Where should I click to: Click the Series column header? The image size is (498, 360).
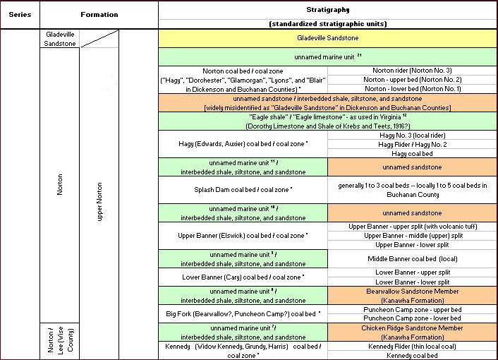click(20, 14)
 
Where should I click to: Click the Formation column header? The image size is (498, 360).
click(99, 14)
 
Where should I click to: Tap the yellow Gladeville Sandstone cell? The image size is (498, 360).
click(327, 37)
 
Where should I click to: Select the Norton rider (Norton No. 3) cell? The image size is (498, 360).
click(412, 71)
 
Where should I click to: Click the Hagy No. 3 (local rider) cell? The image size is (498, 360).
click(412, 135)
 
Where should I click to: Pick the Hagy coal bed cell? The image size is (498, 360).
click(412, 153)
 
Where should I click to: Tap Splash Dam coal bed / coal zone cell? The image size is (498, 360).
click(243, 190)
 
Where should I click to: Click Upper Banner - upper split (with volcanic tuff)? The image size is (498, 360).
click(412, 227)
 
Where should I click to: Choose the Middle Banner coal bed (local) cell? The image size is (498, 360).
click(412, 258)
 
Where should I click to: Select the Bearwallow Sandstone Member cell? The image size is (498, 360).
click(412, 295)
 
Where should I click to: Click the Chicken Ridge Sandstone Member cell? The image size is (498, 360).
click(412, 332)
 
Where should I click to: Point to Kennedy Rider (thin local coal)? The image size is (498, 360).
click(412, 347)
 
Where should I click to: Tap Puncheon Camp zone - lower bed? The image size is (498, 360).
click(412, 318)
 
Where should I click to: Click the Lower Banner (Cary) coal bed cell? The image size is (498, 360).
click(243, 277)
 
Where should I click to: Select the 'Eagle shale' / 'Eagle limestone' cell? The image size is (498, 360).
click(327, 121)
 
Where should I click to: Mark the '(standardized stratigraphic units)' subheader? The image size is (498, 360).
click(327, 24)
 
